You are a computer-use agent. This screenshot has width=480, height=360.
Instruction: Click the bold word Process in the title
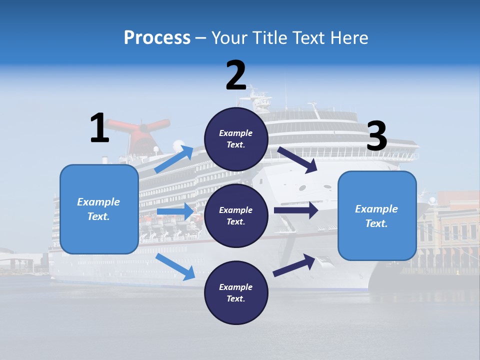tap(157, 37)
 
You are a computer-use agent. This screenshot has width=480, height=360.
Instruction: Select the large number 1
tap(99, 128)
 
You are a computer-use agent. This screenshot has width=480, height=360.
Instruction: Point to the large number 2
tap(236, 75)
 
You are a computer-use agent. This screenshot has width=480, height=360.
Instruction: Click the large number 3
tap(376, 136)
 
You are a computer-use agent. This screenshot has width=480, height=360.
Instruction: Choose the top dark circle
tap(236, 139)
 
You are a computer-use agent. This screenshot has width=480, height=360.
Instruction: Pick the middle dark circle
tap(236, 215)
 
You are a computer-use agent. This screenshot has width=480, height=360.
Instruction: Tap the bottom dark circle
tap(236, 292)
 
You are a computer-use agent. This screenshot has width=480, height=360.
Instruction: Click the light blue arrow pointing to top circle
tap(174, 159)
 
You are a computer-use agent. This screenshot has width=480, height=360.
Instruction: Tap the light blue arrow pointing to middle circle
tap(175, 211)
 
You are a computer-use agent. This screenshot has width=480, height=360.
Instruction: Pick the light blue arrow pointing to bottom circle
tap(175, 267)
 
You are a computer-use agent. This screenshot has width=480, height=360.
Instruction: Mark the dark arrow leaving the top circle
tap(297, 159)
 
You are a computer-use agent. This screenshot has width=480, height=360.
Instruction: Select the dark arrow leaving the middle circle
tap(295, 210)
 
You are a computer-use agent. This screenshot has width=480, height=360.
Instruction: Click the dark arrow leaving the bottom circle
tap(294, 264)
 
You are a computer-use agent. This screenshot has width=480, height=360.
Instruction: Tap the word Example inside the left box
tap(98, 202)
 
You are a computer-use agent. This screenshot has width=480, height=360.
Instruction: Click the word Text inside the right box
tap(376, 223)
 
